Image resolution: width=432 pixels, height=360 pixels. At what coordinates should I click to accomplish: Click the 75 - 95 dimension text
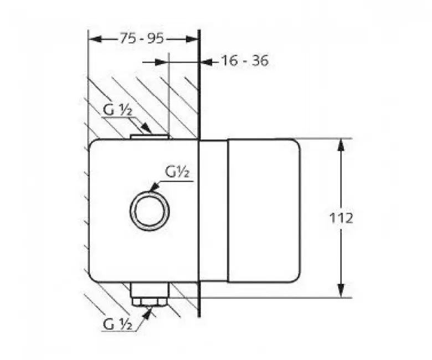point(142,38)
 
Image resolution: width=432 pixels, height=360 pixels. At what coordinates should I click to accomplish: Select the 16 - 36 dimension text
point(245,60)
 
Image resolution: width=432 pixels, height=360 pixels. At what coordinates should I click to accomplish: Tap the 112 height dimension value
point(341,218)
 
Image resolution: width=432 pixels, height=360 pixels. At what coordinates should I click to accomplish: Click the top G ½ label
point(118,110)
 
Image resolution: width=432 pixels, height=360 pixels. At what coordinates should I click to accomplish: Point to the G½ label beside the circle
point(177,172)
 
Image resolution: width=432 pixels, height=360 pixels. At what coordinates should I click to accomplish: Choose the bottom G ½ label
point(117,324)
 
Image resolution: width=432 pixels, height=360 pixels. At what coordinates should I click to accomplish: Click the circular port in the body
point(150,210)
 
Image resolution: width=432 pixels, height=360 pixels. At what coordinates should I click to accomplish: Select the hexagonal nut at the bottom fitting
point(149,301)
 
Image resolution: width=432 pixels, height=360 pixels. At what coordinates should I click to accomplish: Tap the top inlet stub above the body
point(149,137)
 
